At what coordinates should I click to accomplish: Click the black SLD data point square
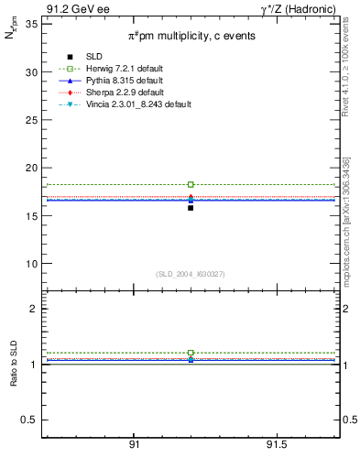(191, 208)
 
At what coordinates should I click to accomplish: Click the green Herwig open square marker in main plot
(191, 185)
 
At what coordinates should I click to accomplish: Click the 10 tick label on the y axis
(32, 264)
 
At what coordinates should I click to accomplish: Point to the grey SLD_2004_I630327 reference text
(191, 273)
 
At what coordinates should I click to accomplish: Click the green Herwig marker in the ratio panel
(191, 353)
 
